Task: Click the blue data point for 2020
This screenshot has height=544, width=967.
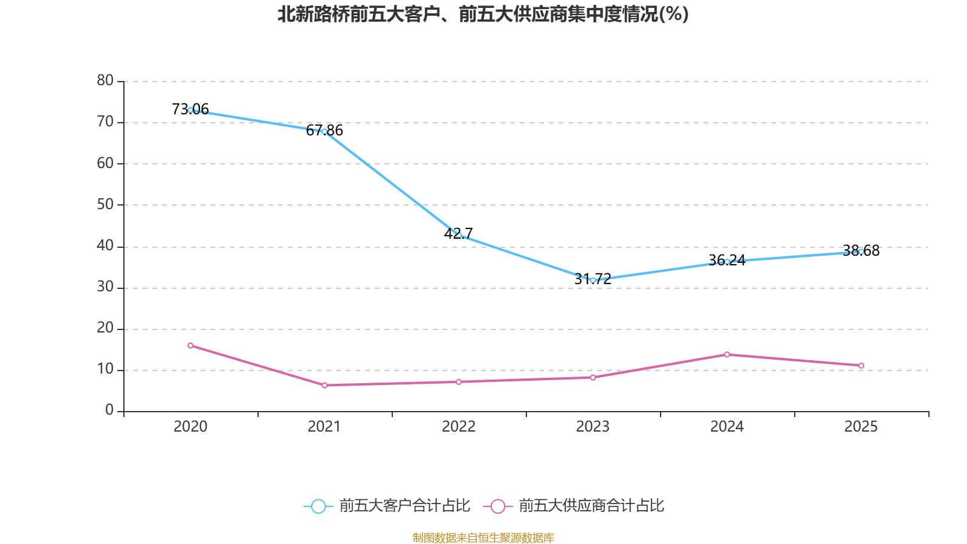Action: coord(190,110)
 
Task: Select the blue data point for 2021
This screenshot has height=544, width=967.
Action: coord(325,131)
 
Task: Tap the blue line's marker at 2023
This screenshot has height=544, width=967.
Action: coord(593,280)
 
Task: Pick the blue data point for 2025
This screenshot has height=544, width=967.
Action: coord(861,251)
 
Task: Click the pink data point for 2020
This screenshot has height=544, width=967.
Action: coord(190,346)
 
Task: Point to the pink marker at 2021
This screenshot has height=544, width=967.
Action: coord(325,385)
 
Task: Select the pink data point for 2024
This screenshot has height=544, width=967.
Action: coord(727,354)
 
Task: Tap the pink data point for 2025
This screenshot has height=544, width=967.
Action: coord(861,366)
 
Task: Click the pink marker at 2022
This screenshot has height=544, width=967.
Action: coord(459,382)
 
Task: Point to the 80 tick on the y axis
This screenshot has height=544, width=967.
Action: coord(105,80)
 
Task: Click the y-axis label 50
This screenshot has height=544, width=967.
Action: coord(105,204)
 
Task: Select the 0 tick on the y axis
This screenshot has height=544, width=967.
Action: coord(109,410)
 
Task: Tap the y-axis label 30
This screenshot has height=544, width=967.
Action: coord(105,287)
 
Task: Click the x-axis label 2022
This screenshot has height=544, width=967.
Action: coord(459,427)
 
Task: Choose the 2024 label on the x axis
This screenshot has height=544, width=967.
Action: coord(727,427)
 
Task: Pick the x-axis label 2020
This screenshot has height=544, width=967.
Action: coord(190,427)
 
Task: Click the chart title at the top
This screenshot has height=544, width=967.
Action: coord(483,15)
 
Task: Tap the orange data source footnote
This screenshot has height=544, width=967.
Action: coord(483,537)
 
